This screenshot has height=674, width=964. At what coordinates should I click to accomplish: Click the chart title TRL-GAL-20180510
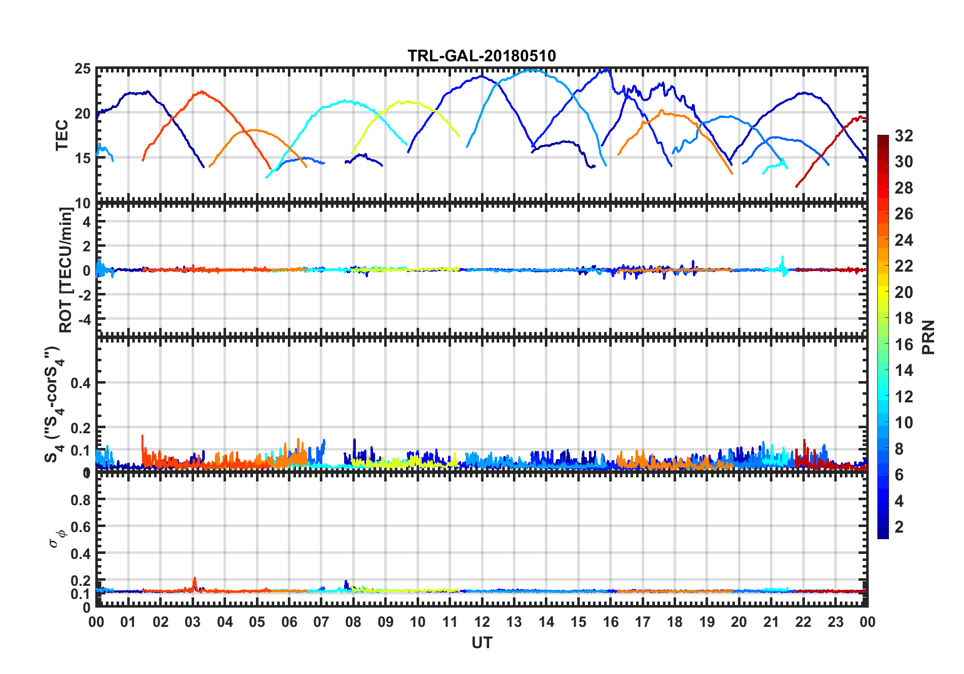[481, 56]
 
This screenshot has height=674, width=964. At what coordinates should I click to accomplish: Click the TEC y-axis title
[62, 135]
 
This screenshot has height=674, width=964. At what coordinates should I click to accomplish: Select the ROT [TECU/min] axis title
[66, 270]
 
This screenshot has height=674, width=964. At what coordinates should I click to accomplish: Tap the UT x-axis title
[481, 643]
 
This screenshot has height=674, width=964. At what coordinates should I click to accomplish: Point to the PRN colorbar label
[929, 337]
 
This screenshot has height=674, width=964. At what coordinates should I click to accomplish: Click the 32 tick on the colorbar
[904, 136]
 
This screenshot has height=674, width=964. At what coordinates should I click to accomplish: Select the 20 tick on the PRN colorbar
[904, 292]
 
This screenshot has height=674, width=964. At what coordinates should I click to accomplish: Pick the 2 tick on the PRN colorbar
[899, 527]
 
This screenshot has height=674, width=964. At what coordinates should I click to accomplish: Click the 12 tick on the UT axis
[482, 622]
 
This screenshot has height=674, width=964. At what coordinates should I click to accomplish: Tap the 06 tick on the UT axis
[289, 622]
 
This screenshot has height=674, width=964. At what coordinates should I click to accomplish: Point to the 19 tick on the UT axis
[707, 622]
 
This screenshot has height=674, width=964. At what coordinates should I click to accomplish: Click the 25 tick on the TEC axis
[83, 69]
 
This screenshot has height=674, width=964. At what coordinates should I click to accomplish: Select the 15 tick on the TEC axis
[83, 158]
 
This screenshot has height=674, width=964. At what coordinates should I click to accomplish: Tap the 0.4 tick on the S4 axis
[81, 383]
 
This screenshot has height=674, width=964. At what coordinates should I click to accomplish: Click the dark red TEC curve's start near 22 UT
[797, 186]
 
